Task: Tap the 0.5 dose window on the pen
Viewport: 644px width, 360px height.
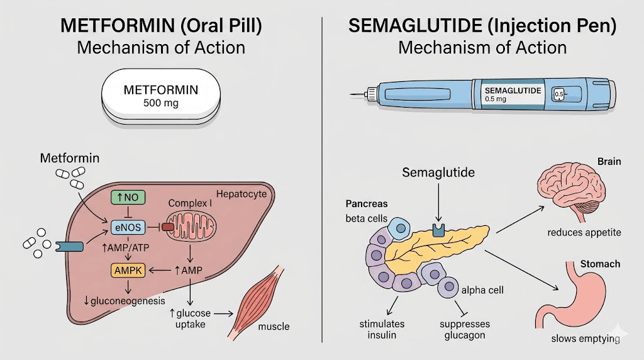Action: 558,95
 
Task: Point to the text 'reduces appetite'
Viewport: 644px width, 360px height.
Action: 584,232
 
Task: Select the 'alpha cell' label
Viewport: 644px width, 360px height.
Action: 483,290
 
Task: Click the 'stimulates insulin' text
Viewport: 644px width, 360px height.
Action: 382,329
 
